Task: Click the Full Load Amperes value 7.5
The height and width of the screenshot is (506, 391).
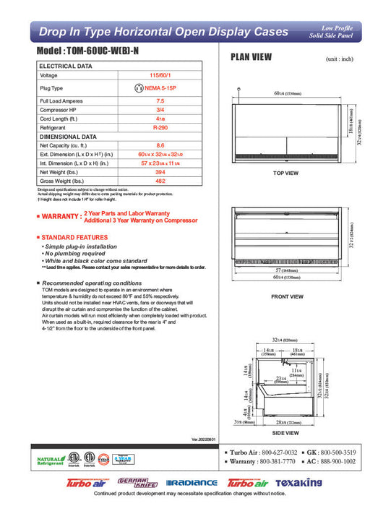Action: pos(160,100)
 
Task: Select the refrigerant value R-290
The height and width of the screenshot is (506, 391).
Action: pos(160,126)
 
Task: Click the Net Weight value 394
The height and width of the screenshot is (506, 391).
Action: pos(160,172)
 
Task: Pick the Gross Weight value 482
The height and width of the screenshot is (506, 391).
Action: pos(160,181)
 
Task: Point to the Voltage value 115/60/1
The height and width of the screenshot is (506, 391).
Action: pos(160,75)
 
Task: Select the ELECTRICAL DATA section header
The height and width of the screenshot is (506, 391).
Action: pos(65,66)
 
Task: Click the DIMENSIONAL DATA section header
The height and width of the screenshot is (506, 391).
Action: pos(68,136)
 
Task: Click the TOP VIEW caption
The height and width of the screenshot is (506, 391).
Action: pos(285,173)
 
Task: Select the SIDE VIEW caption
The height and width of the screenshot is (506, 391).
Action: pos(285,432)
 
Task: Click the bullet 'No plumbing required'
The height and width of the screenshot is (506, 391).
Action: pos(75,254)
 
